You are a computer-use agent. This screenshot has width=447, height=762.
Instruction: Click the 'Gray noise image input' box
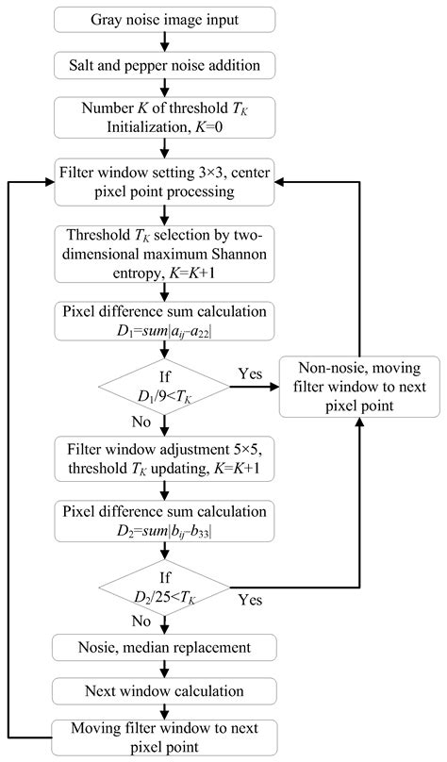pyautogui.click(x=165, y=19)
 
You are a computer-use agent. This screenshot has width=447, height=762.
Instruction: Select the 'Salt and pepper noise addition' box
pyautogui.click(x=165, y=65)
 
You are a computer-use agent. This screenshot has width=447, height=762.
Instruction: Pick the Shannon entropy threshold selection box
pyautogui.click(x=165, y=256)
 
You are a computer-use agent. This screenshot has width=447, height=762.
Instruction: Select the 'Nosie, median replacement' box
pyautogui.click(x=165, y=647)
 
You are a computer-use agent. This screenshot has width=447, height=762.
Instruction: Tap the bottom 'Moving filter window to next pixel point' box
pyautogui.click(x=165, y=737)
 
